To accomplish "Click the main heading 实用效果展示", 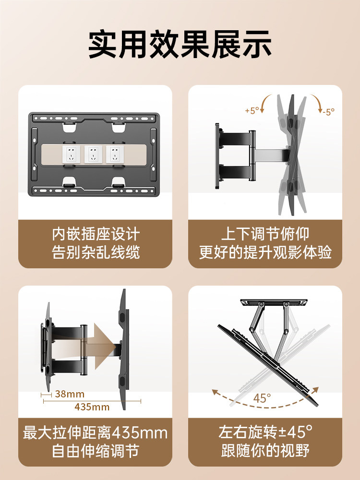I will point(180,45).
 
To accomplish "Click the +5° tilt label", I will point(252,110).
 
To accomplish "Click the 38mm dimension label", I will point(69,395).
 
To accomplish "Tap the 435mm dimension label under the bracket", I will point(92,407).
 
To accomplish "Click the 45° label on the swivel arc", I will point(263,398).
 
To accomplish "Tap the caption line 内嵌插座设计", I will point(96,235).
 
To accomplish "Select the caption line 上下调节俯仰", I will point(265,235).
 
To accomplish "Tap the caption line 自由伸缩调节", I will point(96,451).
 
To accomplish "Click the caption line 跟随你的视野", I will point(265,451).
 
